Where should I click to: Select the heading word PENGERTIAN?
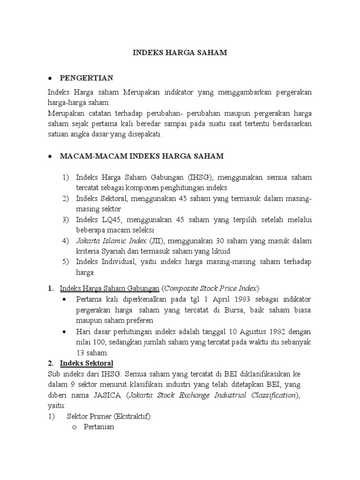point(86,77)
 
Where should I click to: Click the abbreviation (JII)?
point(155,241)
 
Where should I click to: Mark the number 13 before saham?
point(81,352)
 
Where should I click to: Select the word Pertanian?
point(99,427)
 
